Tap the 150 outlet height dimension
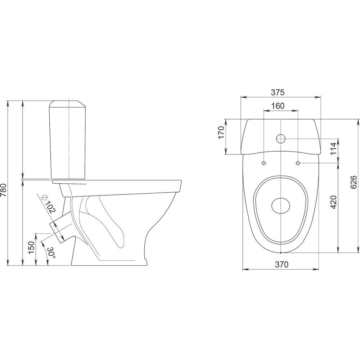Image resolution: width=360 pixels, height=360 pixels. (x=31, y=247)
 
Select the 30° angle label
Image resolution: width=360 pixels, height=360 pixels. (x=51, y=253)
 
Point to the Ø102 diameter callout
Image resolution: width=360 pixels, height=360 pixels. (x=49, y=204)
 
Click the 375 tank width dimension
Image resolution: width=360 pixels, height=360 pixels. (x=278, y=92)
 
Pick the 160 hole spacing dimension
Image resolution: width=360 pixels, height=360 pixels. (x=278, y=106)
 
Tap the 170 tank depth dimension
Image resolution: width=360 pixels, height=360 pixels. (x=221, y=132)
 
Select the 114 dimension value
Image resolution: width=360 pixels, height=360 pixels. (x=334, y=149)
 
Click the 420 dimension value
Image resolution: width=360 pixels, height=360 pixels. (x=333, y=202)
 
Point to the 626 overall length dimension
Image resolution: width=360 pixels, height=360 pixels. (x=354, y=182)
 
